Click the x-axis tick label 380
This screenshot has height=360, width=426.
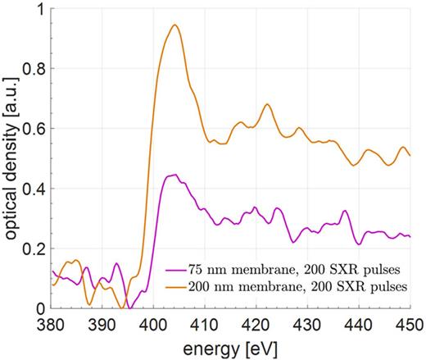(x=51, y=325)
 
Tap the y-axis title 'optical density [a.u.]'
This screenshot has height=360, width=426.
(x=11, y=160)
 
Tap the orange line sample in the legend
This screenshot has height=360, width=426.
(x=174, y=286)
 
